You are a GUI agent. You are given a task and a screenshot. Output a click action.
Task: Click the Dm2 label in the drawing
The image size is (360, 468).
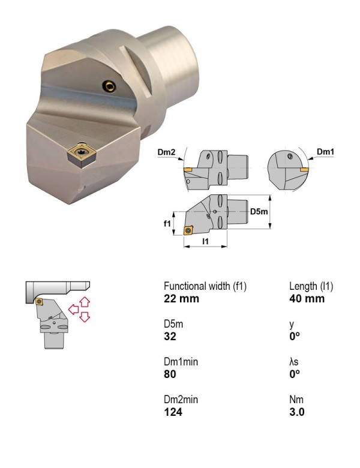tap(166, 152)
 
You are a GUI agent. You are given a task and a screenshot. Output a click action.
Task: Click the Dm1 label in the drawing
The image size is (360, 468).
tap(325, 152)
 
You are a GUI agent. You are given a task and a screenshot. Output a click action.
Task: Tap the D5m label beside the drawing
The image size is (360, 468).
tap(259, 212)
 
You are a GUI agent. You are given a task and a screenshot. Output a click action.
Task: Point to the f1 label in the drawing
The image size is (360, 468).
tap(167, 223)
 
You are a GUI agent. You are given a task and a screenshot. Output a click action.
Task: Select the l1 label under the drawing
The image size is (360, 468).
tap(205, 241)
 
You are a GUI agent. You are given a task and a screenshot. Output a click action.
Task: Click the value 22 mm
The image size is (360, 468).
tap(181, 299)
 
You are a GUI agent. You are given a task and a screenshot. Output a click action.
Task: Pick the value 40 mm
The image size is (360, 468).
tap(307, 299)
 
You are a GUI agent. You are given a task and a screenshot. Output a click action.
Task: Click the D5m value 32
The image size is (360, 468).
tap(170, 337)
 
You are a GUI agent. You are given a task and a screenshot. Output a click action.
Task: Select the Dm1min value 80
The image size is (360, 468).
tap(170, 374)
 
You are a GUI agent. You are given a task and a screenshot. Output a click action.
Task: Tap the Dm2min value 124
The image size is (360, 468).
tap(173, 412)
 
